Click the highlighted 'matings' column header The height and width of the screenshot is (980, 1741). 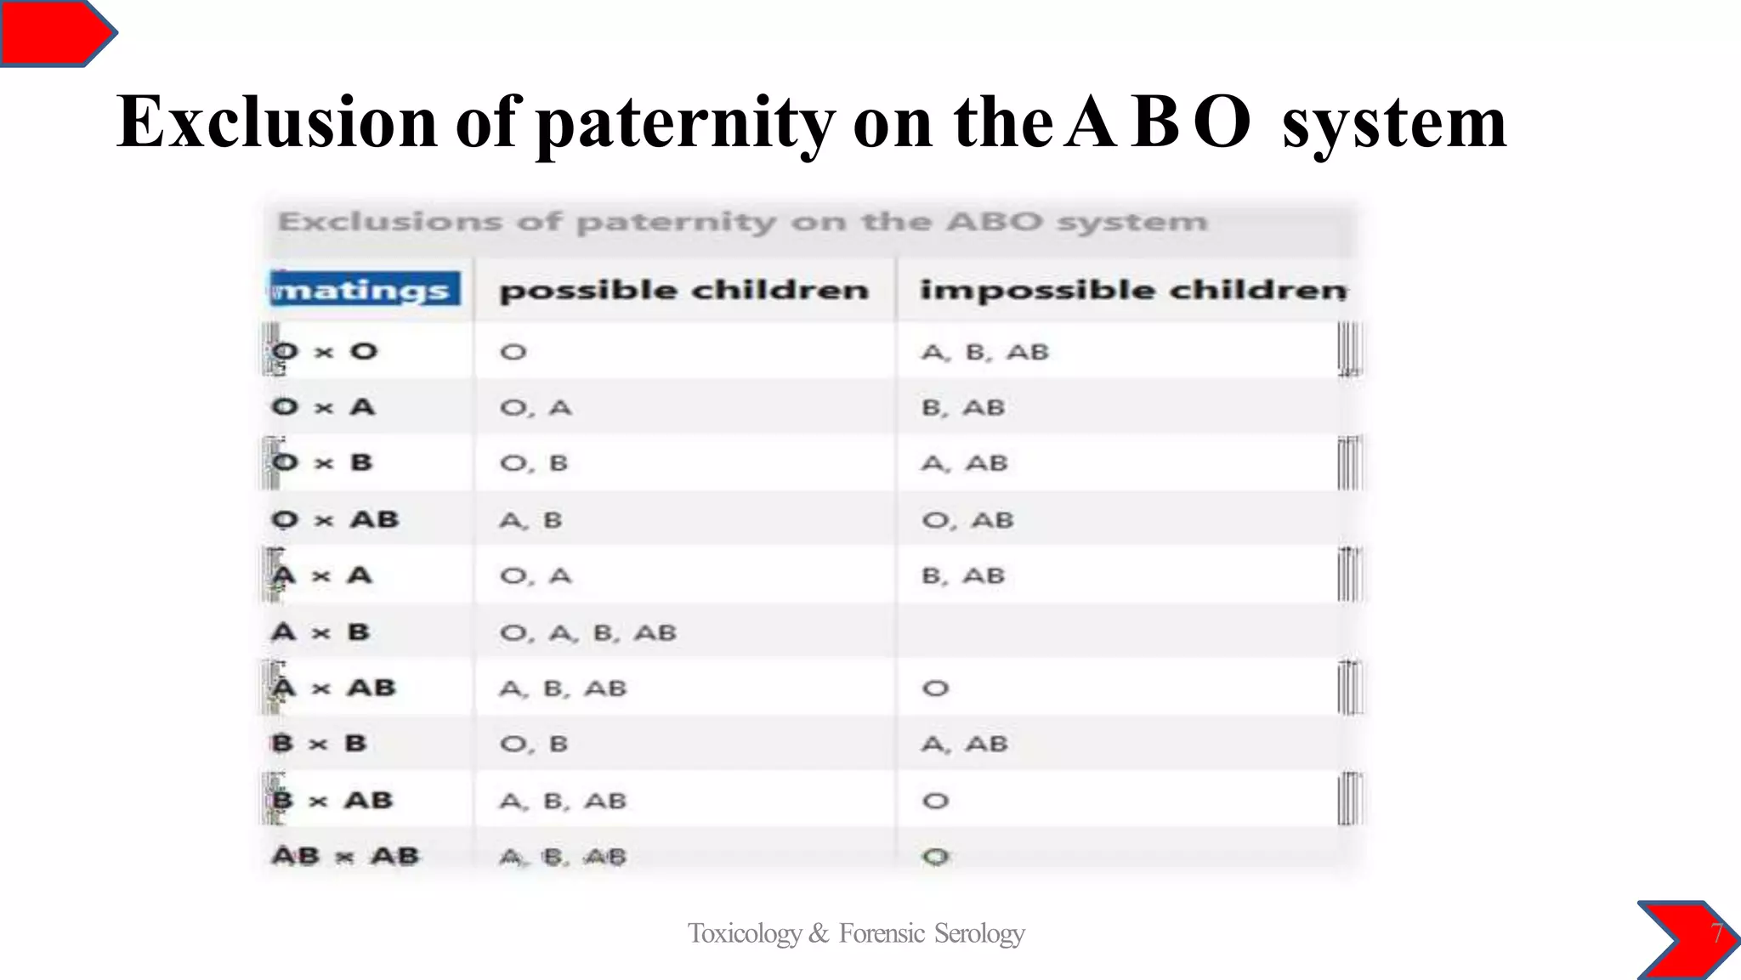point(366,289)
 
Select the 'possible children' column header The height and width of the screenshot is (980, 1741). point(684,290)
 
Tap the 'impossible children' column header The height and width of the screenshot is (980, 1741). point(1132,290)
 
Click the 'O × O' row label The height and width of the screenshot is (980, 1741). point(325,351)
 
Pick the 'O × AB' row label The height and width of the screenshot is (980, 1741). point(335,519)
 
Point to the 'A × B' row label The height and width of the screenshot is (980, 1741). point(321,632)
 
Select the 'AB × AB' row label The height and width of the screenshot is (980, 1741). point(345,856)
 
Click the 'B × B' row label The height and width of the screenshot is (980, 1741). point(320,744)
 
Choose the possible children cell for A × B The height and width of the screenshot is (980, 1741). point(588,632)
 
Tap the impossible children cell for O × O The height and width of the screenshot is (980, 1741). point(985,352)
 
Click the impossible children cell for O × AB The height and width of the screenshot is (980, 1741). point(968,519)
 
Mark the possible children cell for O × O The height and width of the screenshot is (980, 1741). point(513,352)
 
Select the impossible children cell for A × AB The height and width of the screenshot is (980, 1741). point(935,688)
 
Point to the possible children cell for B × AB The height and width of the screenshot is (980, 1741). point(563,801)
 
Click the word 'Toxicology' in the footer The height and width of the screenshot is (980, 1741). point(745,933)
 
